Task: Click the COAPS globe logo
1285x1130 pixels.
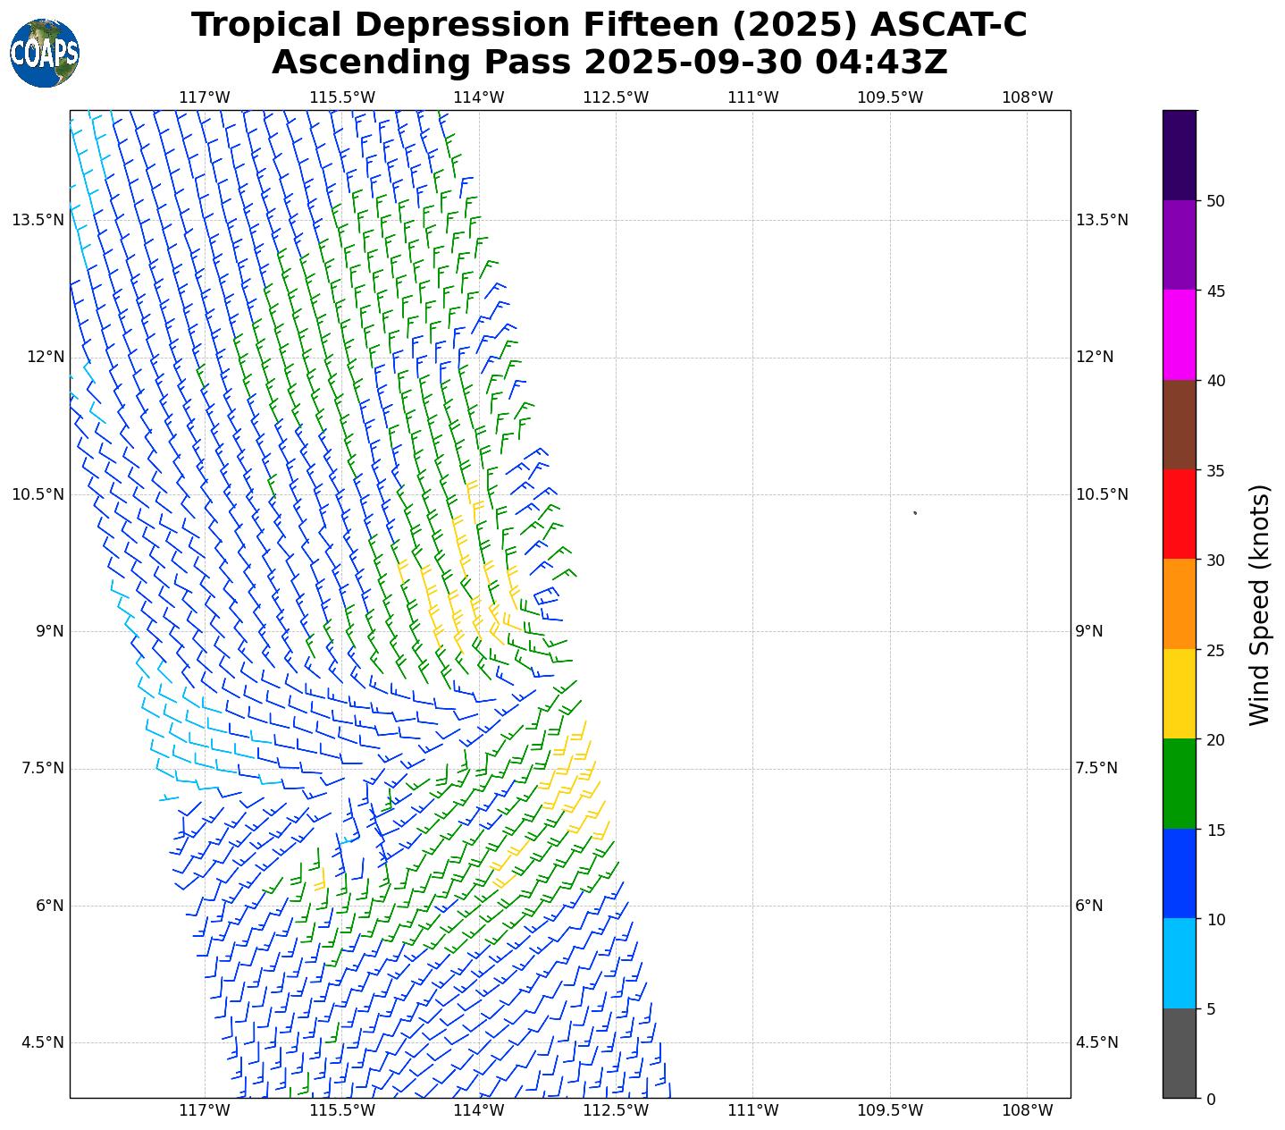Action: tap(45, 54)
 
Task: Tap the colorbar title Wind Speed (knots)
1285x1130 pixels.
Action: tap(1259, 604)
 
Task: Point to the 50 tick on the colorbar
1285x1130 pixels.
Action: tap(1214, 201)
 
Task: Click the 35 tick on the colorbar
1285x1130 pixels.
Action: tap(1214, 471)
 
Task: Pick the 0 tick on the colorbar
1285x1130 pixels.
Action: tap(1210, 1099)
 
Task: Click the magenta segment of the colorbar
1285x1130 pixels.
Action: tap(1180, 334)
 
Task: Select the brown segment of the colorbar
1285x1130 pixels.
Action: tap(1180, 425)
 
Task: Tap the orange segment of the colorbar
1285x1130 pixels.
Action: tap(1180, 604)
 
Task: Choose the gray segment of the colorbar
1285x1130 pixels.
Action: tap(1180, 1053)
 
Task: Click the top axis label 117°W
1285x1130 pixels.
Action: tap(205, 97)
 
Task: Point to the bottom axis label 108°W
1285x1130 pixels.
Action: tap(1028, 1110)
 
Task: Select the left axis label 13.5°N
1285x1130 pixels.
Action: tap(38, 221)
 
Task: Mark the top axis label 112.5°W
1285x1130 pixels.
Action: tap(616, 97)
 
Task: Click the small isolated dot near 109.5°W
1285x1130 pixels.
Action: tap(915, 513)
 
